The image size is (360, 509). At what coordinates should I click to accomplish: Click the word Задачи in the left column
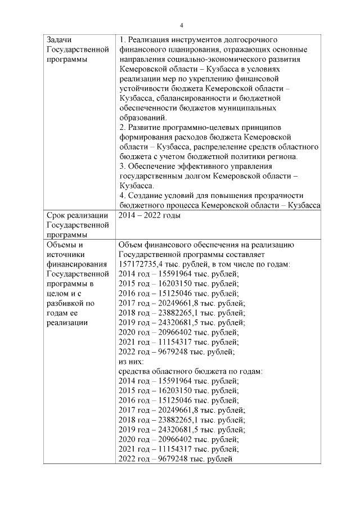click(58, 40)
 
